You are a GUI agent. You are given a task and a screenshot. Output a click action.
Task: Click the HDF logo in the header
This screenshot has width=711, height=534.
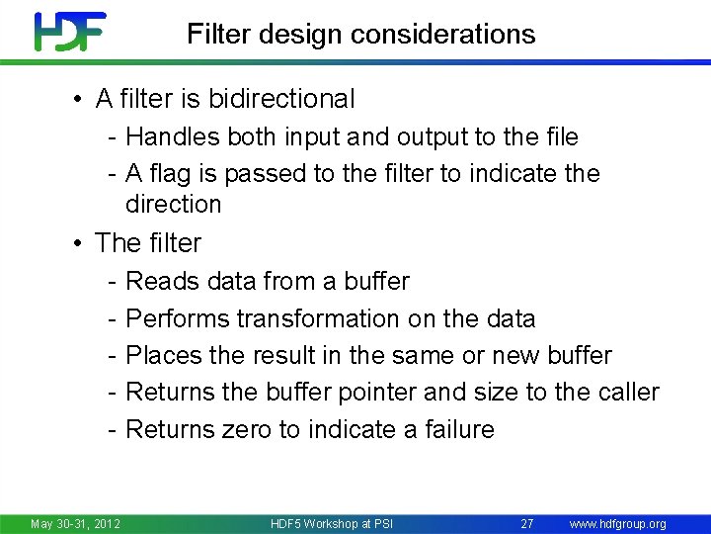(69, 32)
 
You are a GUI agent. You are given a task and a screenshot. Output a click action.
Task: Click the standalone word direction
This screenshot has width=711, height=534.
(174, 205)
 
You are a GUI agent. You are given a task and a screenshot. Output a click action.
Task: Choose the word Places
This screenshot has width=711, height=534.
(164, 356)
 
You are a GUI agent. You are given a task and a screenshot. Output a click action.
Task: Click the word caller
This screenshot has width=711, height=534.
(628, 393)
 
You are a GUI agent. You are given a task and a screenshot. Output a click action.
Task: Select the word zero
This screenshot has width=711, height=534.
(231, 430)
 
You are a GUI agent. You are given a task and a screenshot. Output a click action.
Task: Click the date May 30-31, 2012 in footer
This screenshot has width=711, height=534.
(75, 523)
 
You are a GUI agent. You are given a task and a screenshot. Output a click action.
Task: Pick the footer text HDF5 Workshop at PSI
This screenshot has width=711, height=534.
(331, 523)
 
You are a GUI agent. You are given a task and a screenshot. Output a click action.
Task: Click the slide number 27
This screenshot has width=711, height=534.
(526, 523)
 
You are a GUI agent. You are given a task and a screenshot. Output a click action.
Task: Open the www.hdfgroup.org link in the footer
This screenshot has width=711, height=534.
(618, 523)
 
